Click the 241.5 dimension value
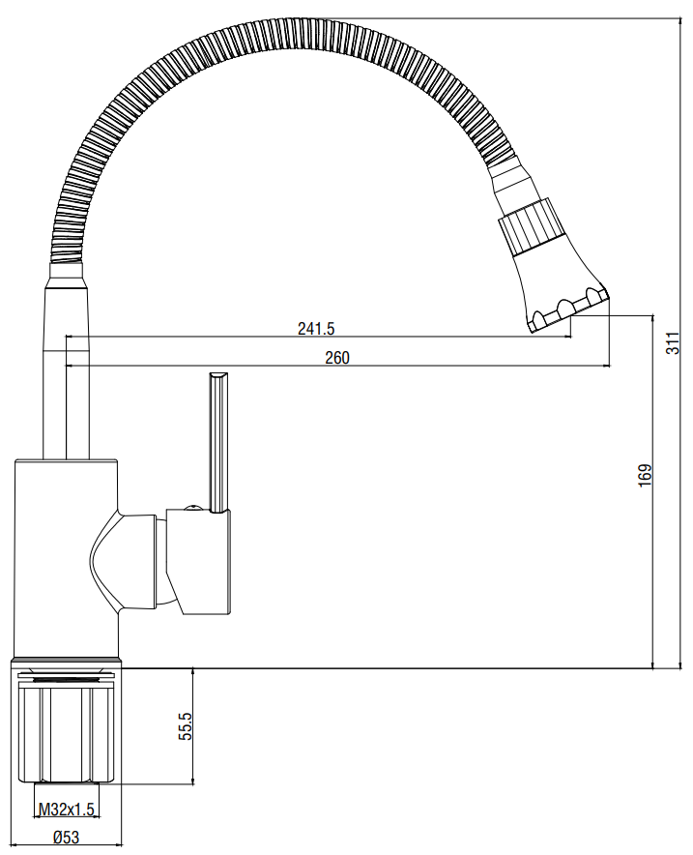pos(316,328)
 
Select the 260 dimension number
pos(337,358)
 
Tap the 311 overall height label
pos(674,343)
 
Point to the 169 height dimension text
pos(645,475)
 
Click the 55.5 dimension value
pos(186,726)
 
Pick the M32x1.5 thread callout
pos(67,810)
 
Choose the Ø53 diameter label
pos(66,837)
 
